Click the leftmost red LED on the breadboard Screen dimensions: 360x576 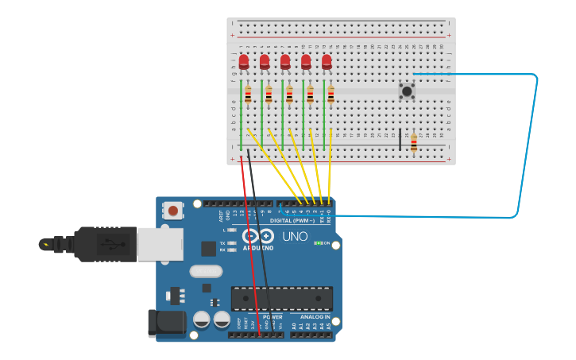pos(244,61)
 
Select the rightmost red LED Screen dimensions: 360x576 pos(327,61)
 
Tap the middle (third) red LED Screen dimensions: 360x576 pos(285,61)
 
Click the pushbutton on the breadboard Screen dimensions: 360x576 pos(407,91)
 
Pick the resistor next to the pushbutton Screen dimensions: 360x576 pos(414,143)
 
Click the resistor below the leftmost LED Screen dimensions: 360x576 pos(248,95)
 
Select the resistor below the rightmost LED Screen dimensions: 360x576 pos(331,95)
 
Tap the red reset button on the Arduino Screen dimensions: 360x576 pos(172,211)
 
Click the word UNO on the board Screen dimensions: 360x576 pos(295,236)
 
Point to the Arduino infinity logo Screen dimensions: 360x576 pos(258,236)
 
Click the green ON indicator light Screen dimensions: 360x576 pos(317,243)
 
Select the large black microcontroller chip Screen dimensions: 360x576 pos(282,298)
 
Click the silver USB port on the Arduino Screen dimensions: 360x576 pos(160,244)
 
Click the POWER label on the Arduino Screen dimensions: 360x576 pos(273,317)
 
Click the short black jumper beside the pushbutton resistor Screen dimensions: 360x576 pos(400,139)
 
